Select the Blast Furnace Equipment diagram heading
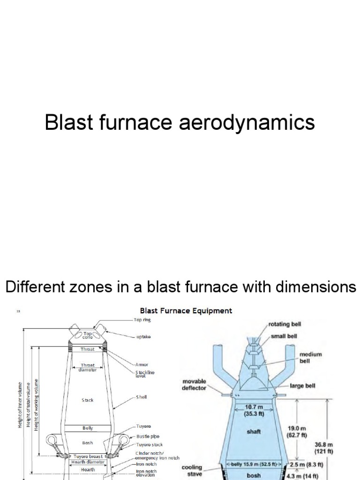186,310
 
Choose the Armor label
142,364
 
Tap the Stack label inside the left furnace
88,400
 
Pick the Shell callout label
142,397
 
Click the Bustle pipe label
147,436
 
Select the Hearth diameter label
89,462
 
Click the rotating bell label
287,324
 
